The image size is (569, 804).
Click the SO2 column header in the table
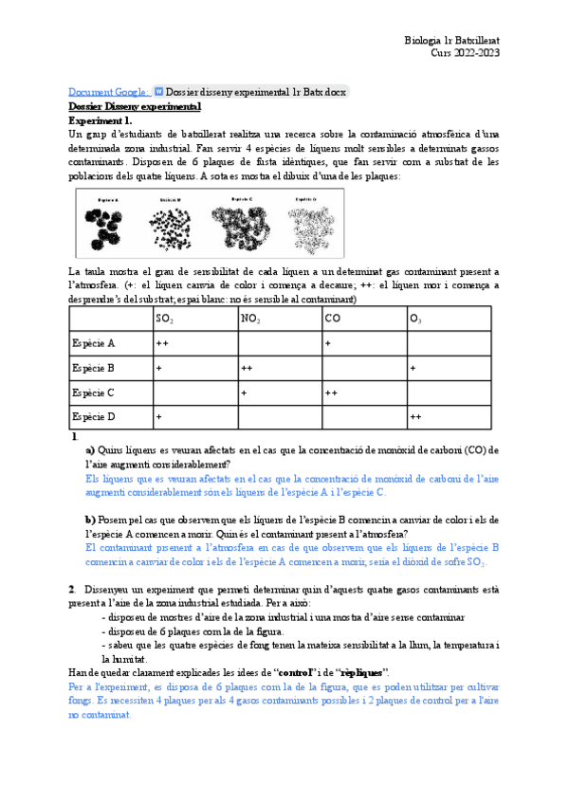[164, 319]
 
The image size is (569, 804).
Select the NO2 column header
[250, 319]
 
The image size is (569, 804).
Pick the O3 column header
[415, 319]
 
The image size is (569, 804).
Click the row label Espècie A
[93, 342]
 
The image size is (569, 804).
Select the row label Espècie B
[93, 367]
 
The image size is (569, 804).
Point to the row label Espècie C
[93, 392]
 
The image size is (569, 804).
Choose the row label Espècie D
[93, 416]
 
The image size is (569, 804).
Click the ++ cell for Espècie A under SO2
[162, 342]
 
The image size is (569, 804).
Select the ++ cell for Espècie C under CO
[332, 392]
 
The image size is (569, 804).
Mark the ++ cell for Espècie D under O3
[415, 416]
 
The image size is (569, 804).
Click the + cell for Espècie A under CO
[328, 342]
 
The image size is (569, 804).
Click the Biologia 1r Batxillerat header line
[451, 41]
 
